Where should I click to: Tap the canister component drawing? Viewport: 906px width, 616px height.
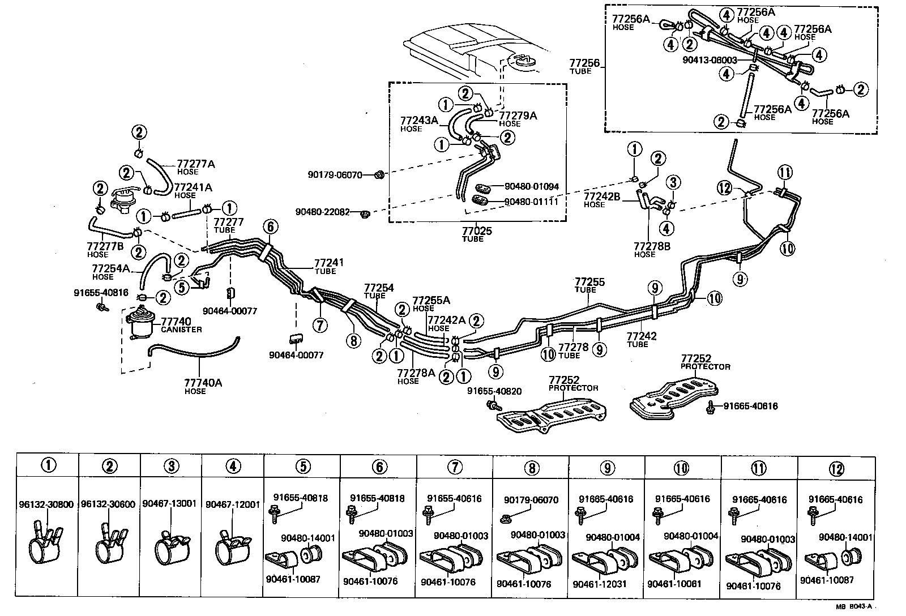click(138, 322)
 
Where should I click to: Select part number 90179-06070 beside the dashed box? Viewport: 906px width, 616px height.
click(335, 175)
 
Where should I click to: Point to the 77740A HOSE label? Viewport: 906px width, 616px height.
click(203, 386)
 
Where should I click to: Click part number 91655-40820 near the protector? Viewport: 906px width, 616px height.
click(494, 391)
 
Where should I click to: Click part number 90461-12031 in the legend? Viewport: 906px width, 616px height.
click(600, 584)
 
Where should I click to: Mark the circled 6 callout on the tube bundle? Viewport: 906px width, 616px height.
click(271, 227)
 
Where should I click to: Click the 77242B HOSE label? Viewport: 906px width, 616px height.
click(602, 200)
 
